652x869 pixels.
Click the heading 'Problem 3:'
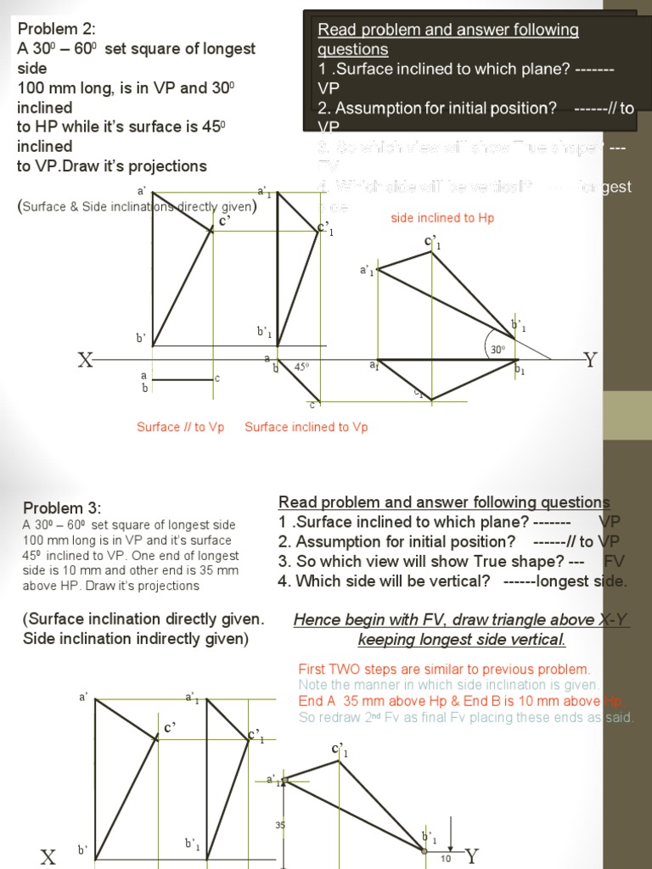tap(61, 507)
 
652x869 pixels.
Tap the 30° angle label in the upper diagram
tap(497, 349)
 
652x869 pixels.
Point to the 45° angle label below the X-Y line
tap(301, 367)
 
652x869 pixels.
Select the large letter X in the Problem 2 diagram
tap(85, 361)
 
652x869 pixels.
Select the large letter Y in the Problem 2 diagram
tap(591, 360)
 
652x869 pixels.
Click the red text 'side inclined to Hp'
tap(442, 218)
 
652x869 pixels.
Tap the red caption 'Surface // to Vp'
tap(180, 427)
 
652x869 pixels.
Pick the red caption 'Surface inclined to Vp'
tap(306, 427)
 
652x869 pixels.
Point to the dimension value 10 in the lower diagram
tap(445, 858)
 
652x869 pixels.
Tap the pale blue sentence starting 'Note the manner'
tap(449, 685)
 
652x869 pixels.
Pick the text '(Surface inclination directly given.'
tap(143, 619)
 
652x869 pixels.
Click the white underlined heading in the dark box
tap(447, 39)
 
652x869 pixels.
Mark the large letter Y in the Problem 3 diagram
tap(472, 855)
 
